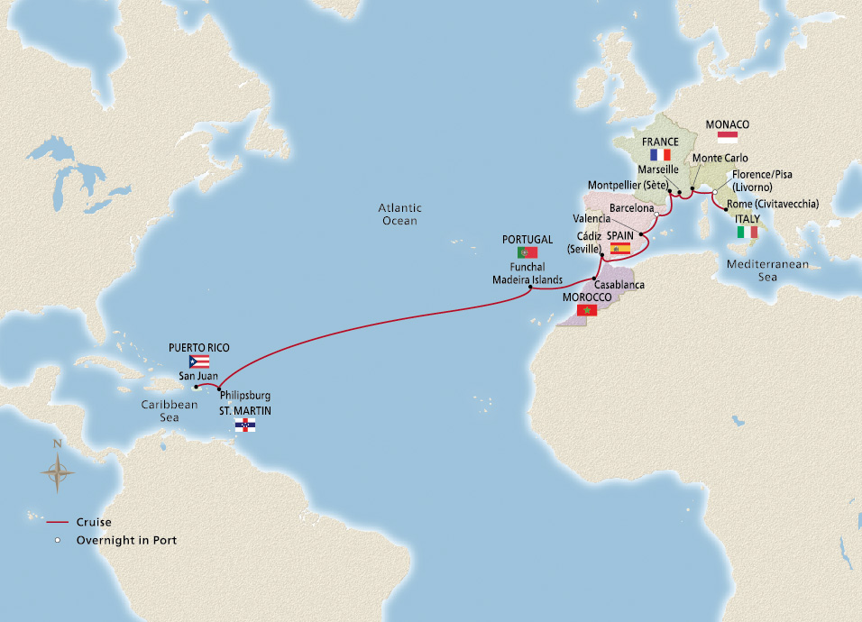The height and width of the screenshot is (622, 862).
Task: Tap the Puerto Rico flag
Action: (x=199, y=361)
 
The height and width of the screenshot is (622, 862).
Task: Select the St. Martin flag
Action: (x=244, y=424)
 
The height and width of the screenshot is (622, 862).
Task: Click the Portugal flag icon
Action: (x=527, y=252)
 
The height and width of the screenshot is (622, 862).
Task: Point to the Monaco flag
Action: (x=727, y=138)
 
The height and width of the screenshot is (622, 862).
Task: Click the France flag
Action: (x=660, y=154)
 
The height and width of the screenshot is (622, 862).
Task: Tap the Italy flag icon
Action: (x=747, y=232)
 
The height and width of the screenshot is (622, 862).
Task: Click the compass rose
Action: (x=58, y=470)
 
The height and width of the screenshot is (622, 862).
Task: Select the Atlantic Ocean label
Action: (x=399, y=214)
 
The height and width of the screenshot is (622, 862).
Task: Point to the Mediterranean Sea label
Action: (x=768, y=270)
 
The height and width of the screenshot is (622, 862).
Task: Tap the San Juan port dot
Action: (x=196, y=388)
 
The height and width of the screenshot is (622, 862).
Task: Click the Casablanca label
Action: (x=620, y=285)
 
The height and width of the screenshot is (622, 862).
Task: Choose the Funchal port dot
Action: (x=529, y=288)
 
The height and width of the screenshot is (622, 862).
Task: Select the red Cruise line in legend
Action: (x=58, y=521)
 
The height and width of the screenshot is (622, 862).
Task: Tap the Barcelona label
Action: (x=631, y=207)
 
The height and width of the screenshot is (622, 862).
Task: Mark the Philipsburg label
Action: (x=246, y=395)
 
